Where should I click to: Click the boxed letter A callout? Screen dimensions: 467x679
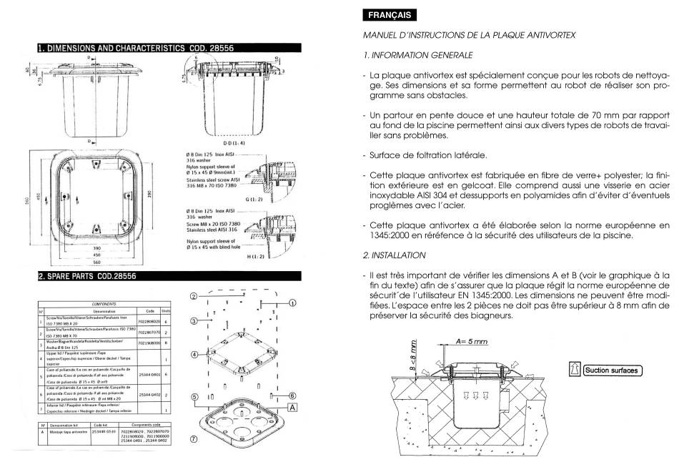[x=292, y=406]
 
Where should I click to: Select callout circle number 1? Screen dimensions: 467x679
[x=292, y=303]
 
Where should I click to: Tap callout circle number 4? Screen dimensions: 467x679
[x=194, y=355]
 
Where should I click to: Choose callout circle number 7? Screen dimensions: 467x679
[x=194, y=441]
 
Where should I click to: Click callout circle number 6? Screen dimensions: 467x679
[x=292, y=395]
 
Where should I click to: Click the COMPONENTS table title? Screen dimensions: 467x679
[x=104, y=303]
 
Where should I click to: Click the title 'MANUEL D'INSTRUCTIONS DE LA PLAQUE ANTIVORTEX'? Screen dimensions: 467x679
[x=469, y=35]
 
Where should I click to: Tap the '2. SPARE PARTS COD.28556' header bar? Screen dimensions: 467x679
[x=87, y=275]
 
